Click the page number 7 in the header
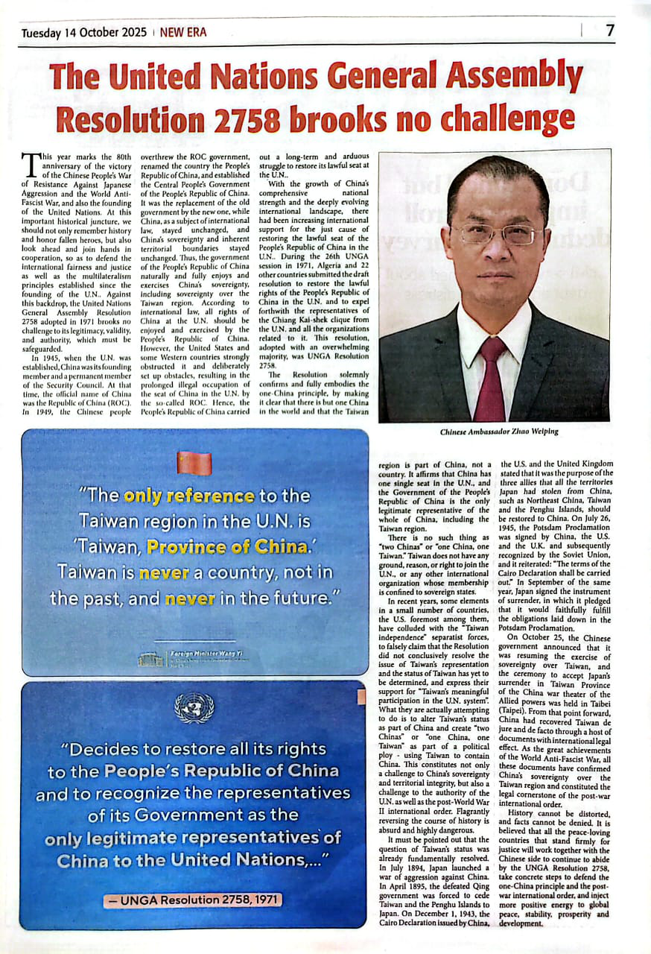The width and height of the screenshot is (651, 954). (610, 31)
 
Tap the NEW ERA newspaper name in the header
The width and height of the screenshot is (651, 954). (183, 33)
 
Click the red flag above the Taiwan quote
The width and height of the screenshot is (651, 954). (194, 464)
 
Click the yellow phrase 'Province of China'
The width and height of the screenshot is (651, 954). (226, 546)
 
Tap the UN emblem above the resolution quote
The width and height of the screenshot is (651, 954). (194, 708)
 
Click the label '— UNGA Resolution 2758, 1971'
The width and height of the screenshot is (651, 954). (194, 900)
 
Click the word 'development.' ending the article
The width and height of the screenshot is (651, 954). (523, 923)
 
